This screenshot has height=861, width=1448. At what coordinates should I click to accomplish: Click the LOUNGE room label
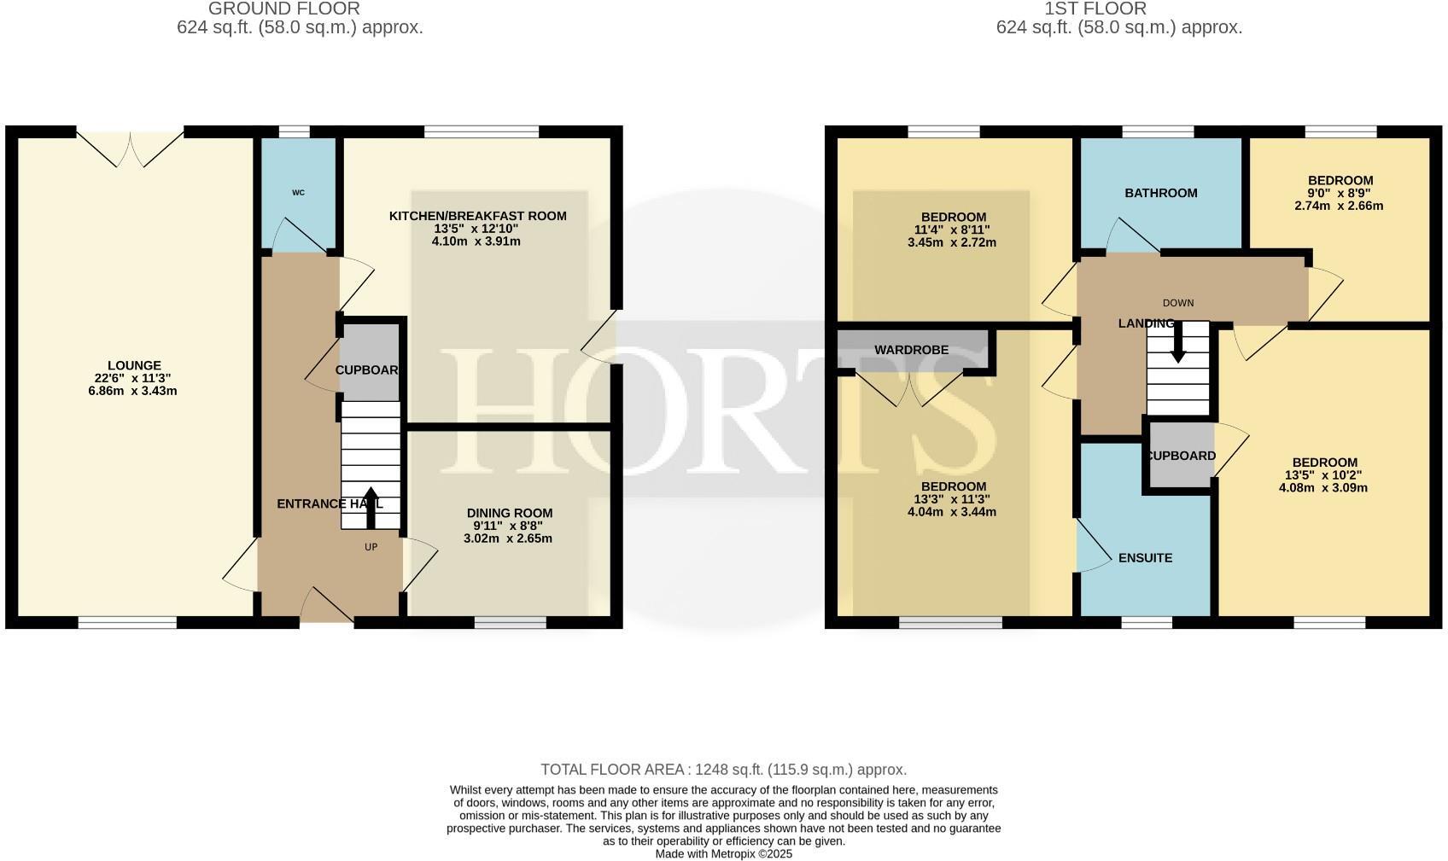point(134,365)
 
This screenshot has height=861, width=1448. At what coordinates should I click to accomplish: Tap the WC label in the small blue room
point(298,193)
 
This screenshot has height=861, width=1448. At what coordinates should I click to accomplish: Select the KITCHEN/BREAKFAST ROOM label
point(477,216)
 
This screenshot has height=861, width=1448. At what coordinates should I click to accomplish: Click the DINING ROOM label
point(509,513)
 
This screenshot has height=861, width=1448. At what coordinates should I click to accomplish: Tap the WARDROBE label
point(911,350)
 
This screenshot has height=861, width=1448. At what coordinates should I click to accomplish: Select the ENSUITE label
point(1145,558)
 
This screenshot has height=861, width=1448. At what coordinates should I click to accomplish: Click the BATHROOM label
point(1160,193)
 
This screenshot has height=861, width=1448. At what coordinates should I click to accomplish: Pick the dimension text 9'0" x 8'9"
point(1340,193)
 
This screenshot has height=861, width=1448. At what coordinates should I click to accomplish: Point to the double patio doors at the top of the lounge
point(130,147)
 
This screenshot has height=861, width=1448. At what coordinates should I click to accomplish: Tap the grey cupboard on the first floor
point(1180,456)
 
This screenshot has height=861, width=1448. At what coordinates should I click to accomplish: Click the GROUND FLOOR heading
point(283,9)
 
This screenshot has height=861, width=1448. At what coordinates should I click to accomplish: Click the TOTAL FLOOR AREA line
point(723,770)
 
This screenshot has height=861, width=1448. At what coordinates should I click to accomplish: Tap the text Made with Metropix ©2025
point(723,853)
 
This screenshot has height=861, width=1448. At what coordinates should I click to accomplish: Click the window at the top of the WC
point(295,132)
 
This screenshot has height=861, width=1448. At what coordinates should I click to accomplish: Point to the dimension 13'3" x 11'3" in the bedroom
point(952,499)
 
